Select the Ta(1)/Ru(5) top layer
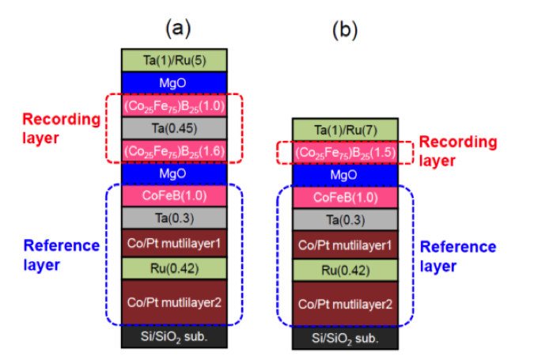[174, 60]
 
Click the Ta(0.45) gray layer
[174, 127]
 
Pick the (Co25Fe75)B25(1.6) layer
[174, 150]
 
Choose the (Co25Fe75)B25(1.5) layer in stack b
[345, 153]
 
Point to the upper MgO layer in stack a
[174, 82]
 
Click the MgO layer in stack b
[345, 176]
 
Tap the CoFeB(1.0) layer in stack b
[345, 198]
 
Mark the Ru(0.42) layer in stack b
[345, 271]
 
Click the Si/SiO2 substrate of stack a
[174, 337]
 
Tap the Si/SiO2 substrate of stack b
[345, 339]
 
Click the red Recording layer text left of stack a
[61, 129]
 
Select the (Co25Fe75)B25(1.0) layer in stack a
[174, 105]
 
